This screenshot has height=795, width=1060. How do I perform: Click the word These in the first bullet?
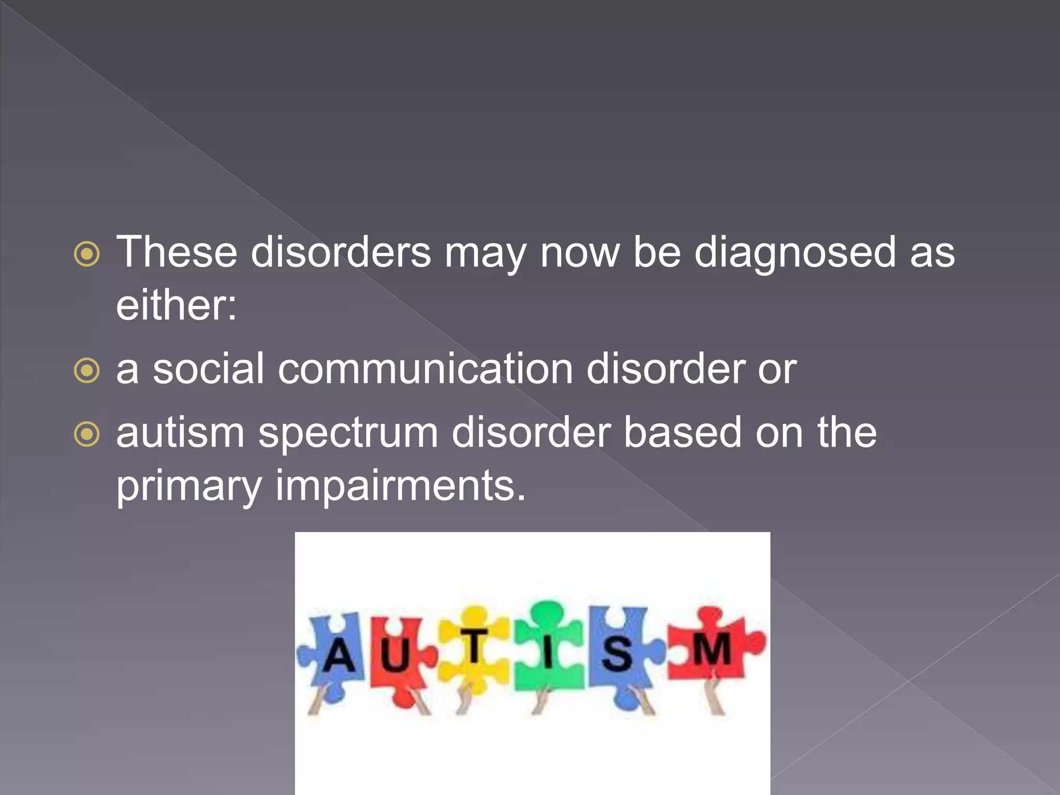pos(176,252)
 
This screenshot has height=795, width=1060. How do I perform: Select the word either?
pos(176,305)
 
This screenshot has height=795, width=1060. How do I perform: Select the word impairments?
pos(400,487)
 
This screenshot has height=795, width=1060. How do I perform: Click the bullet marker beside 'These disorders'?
pos(86,254)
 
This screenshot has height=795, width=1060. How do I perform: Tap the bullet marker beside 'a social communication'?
pos(86,371)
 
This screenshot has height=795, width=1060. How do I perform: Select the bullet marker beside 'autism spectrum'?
pos(86,434)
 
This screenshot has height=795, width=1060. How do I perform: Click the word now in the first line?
pos(579,253)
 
